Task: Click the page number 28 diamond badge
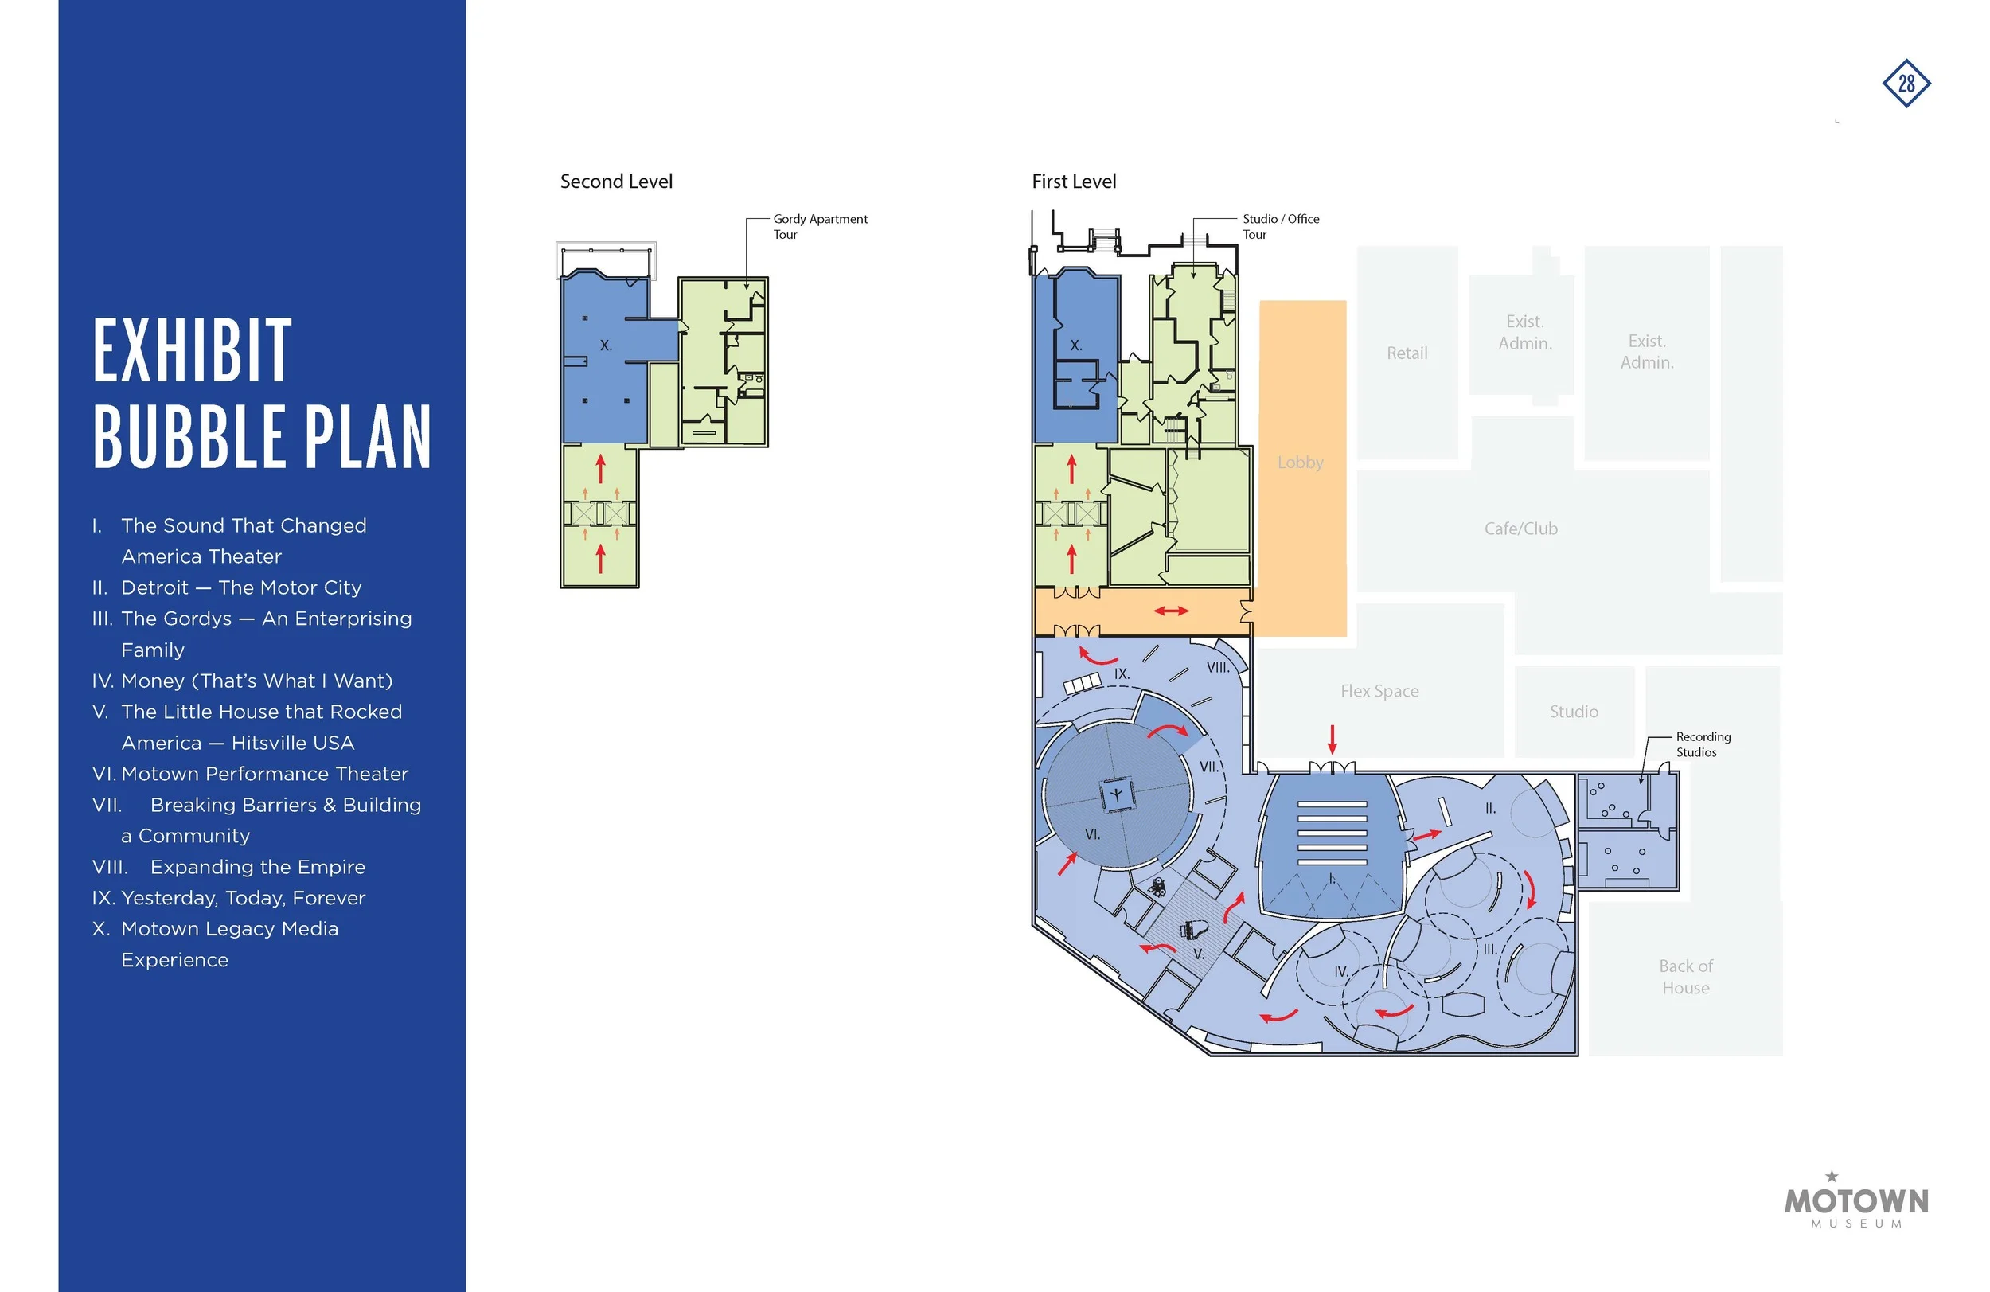point(1906,84)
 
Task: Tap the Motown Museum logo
point(1856,1200)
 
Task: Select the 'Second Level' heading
point(616,182)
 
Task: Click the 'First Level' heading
point(1074,182)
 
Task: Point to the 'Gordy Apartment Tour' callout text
point(820,227)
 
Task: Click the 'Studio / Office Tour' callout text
point(1281,227)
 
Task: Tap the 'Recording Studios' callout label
point(1703,744)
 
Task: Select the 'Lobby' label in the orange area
point(1300,463)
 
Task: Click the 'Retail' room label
point(1407,353)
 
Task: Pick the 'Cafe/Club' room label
point(1521,529)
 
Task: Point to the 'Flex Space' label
point(1379,691)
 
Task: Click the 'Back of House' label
point(1686,977)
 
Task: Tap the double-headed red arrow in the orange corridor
point(1171,611)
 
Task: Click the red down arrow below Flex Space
point(1332,740)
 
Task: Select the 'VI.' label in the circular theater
point(1092,833)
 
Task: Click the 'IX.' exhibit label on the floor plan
point(1122,674)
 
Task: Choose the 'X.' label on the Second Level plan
point(606,345)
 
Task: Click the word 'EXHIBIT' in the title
point(193,350)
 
